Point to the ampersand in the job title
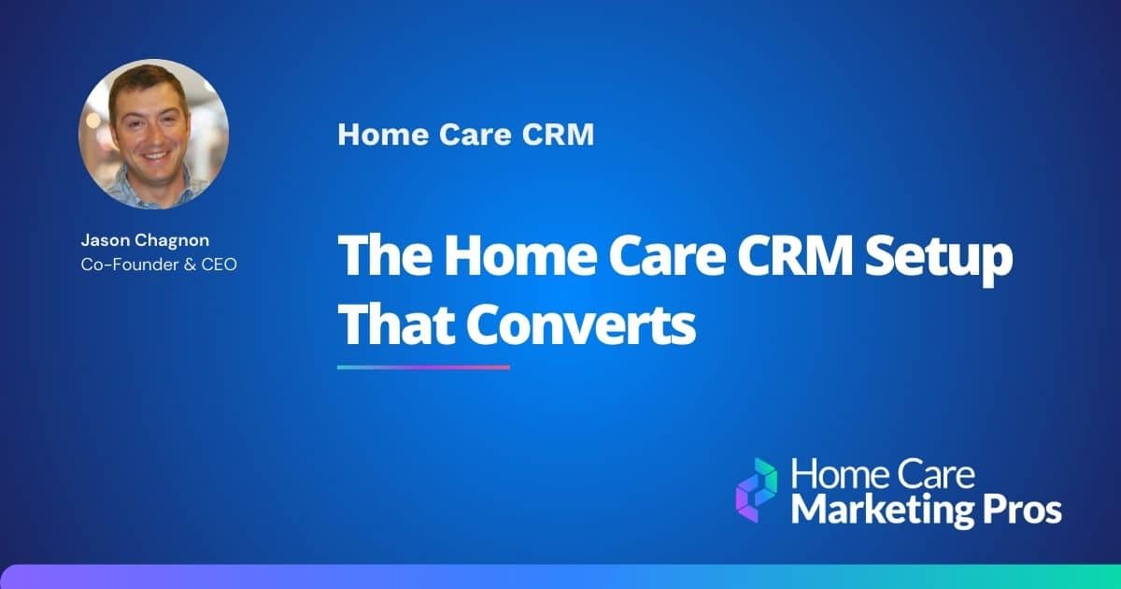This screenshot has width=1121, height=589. [185, 265]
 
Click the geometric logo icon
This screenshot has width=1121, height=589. [756, 490]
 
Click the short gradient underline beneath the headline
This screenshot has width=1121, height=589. [423, 366]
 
